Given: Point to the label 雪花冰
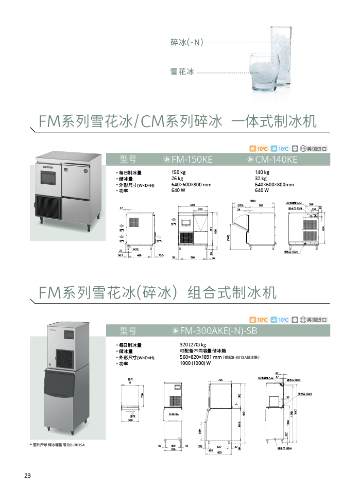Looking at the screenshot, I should pos(182,73).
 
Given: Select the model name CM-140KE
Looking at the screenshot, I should pos(276,160).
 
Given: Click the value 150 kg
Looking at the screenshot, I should pos(178,173).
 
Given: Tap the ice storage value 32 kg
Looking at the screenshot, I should pos(261,179).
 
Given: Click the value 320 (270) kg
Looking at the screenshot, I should pos(193,345).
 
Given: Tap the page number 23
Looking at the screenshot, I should pos(27,475).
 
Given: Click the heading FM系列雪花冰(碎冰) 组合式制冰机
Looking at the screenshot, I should pos(158,293).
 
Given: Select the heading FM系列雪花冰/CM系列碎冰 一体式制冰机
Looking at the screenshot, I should pos(177,121).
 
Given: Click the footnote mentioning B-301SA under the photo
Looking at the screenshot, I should pos(57,445).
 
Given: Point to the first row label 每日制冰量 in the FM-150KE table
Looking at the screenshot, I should pos(130,173).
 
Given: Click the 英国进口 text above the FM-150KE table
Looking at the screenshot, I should pos(317,149).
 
